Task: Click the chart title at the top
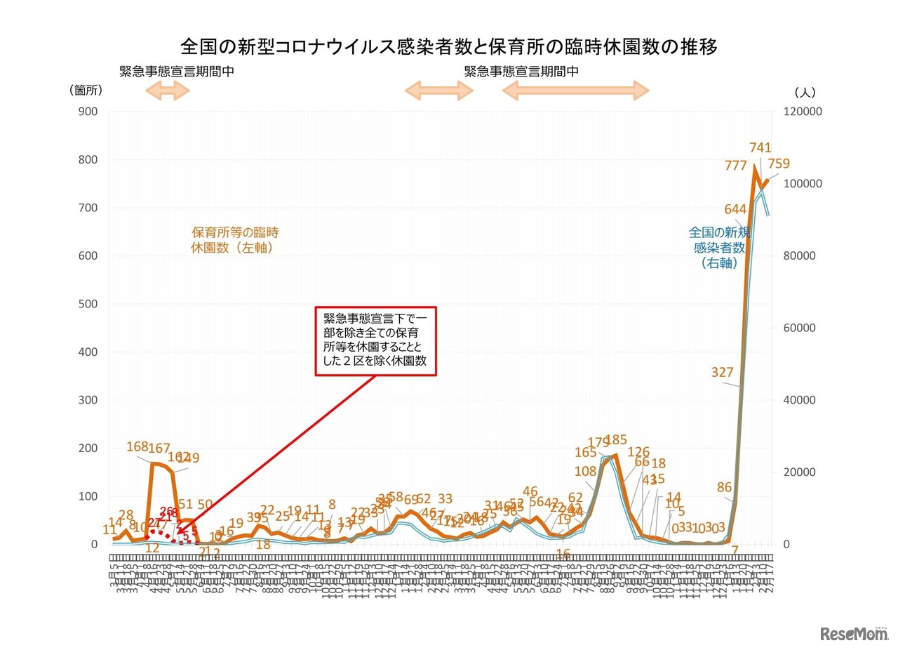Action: tap(449, 47)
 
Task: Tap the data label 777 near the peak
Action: tap(736, 166)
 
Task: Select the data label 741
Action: tap(760, 147)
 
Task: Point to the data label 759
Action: tap(778, 164)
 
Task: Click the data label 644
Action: tap(735, 209)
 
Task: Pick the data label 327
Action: tap(722, 373)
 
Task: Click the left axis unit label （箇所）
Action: tap(86, 91)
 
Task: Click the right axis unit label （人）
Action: tap(805, 92)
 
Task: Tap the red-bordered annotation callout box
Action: tap(375, 340)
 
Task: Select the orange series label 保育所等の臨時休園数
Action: tap(235, 240)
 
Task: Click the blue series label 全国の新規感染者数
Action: tap(719, 247)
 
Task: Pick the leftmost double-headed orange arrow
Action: tap(167, 90)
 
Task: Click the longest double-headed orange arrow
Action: tap(575, 90)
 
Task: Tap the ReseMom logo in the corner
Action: tap(853, 633)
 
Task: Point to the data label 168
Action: tap(138, 446)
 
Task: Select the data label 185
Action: tap(615, 440)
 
